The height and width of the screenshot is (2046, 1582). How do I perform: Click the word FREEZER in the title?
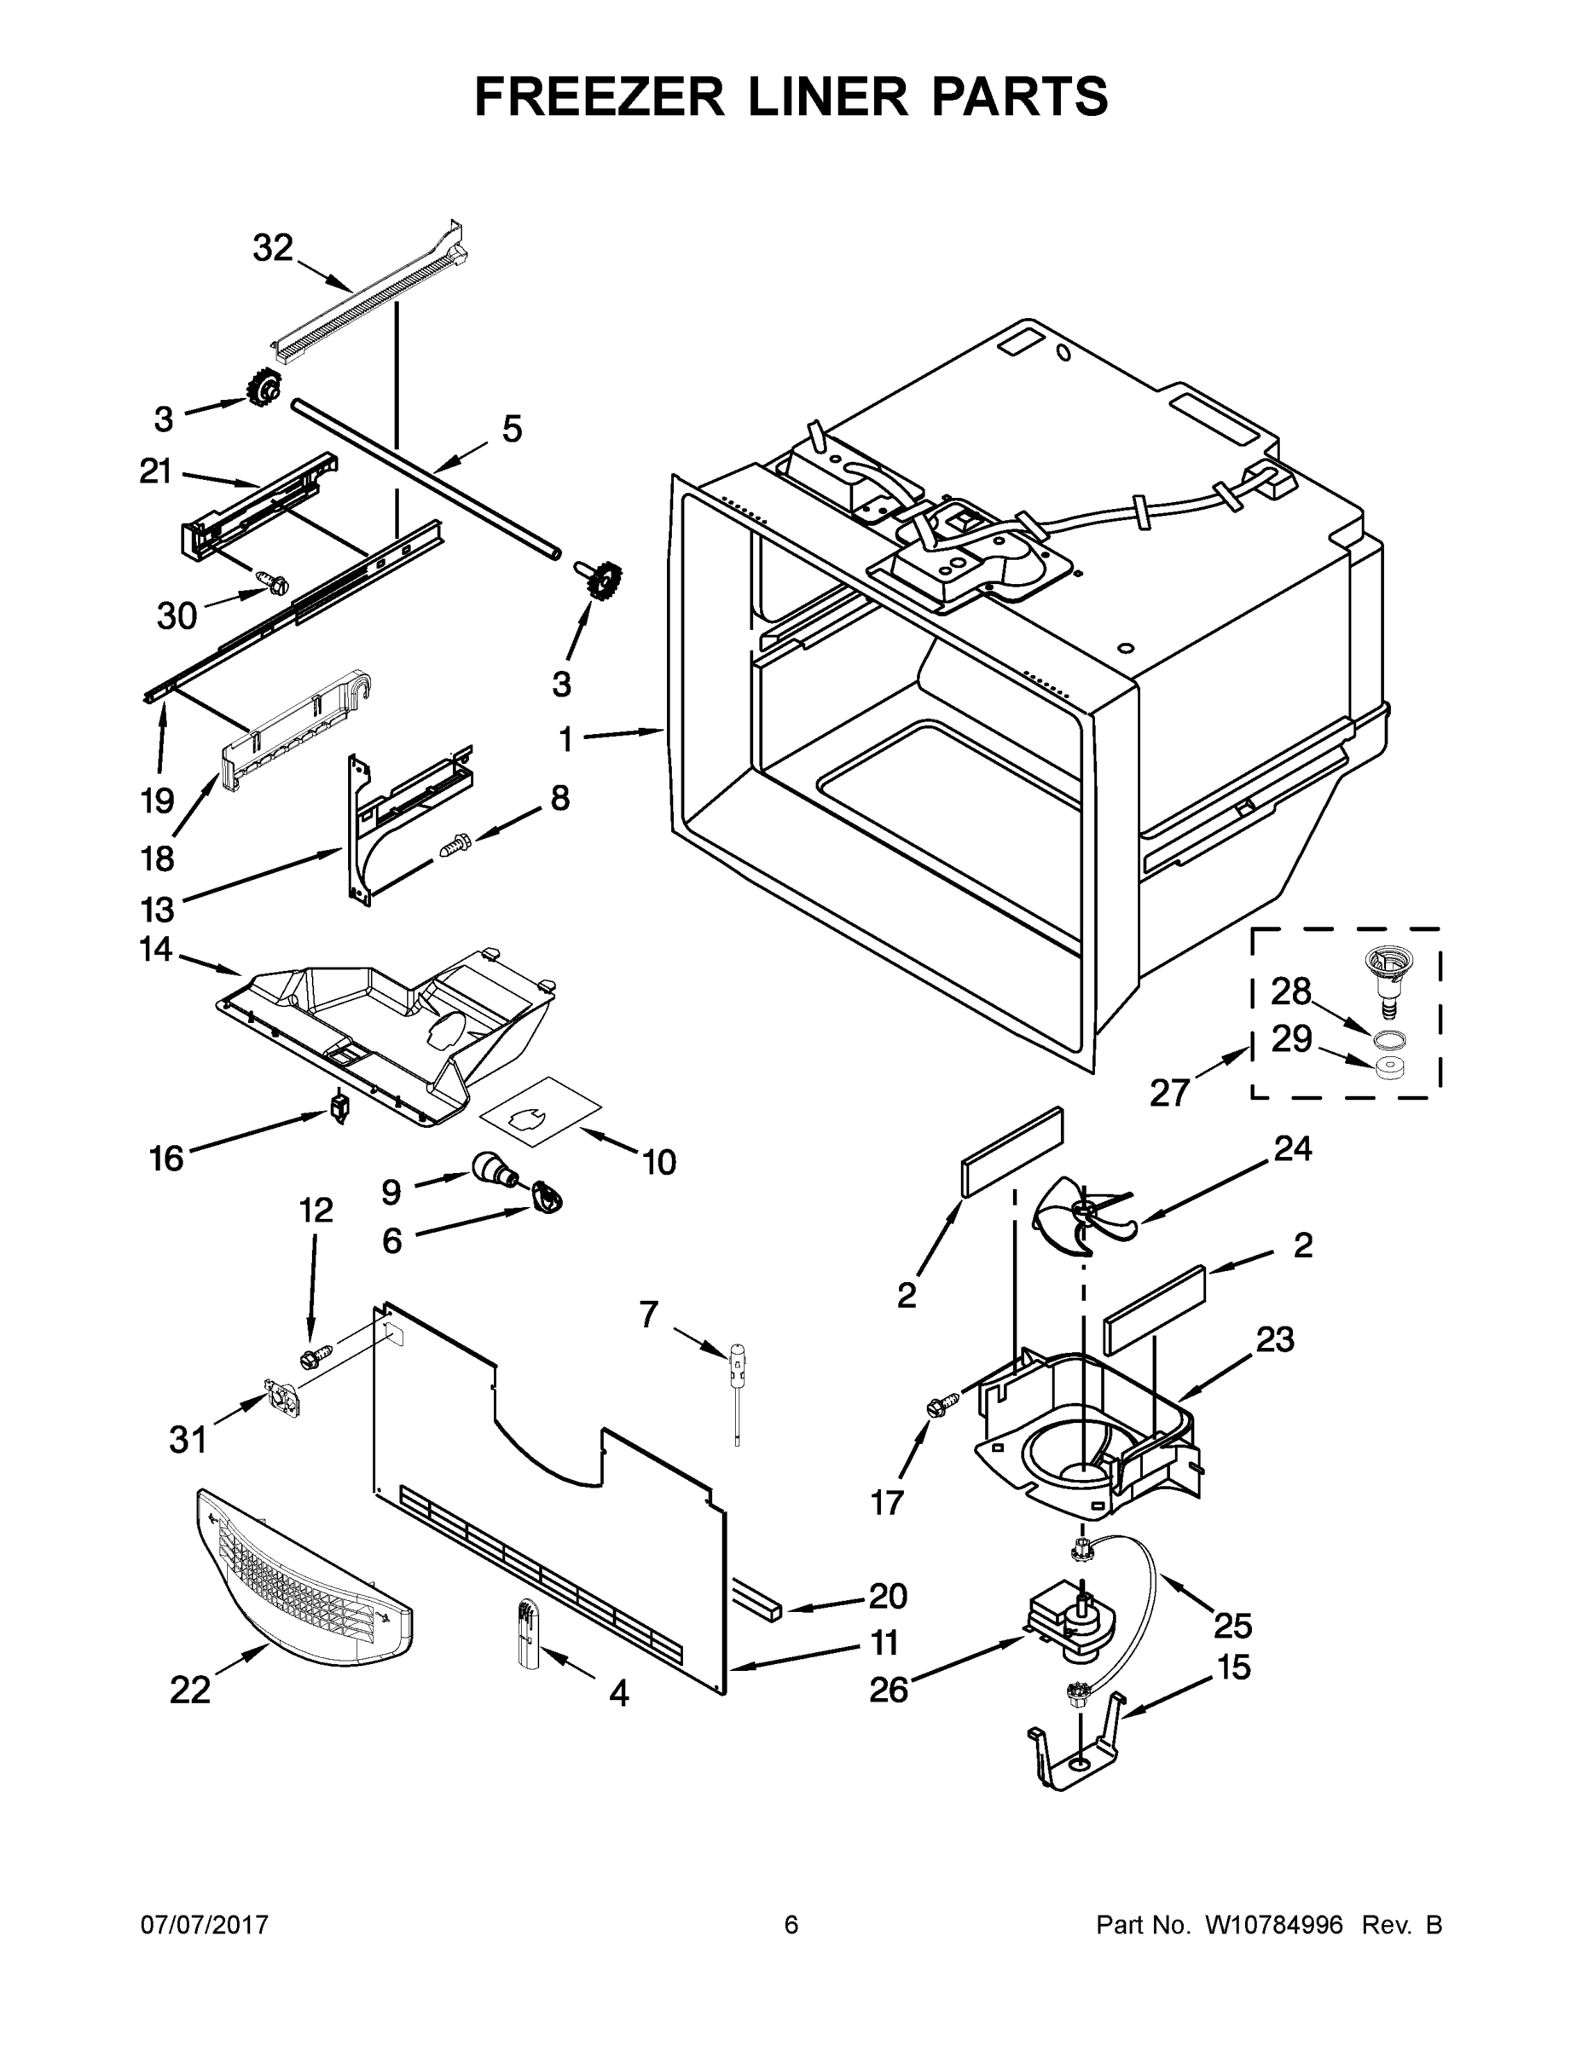point(600,96)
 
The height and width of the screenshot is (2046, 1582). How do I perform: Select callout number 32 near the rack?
point(273,248)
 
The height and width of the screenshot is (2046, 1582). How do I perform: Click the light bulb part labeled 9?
point(489,1167)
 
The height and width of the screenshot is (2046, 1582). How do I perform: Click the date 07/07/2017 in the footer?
point(205,1924)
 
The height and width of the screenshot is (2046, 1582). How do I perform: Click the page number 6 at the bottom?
point(791,1924)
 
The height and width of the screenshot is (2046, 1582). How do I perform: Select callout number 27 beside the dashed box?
point(1169,1091)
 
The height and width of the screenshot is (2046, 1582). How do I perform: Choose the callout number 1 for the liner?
point(565,740)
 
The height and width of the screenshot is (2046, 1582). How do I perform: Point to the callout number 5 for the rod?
point(512,429)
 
